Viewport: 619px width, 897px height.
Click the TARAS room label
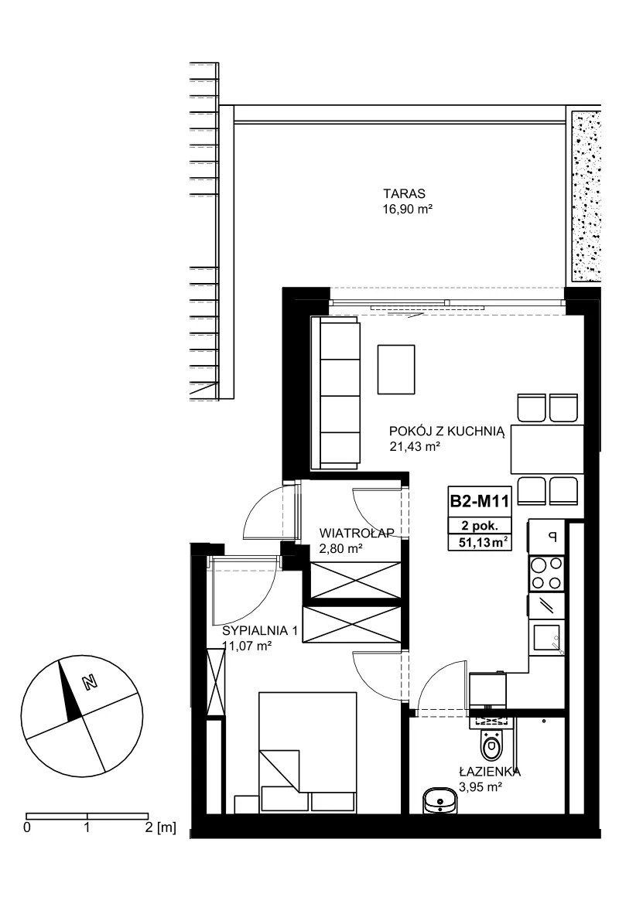404,194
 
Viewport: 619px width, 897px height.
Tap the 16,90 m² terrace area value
407,210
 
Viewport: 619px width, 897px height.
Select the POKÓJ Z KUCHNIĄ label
446,431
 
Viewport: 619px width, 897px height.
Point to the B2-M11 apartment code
479,501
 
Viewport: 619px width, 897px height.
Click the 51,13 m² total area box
479,542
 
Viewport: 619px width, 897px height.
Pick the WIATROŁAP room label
357,533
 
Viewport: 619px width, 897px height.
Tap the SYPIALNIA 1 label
260,631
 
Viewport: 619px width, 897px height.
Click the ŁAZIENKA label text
490,772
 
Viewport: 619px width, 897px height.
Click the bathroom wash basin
439,800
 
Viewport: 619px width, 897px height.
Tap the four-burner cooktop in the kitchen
546,573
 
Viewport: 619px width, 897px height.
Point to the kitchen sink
546,638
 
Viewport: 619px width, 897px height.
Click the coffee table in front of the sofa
396,369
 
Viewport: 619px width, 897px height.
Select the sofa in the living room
336,394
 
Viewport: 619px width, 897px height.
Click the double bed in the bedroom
307,752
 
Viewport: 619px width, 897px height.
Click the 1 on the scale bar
87,827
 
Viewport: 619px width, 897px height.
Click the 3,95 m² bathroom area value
480,787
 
